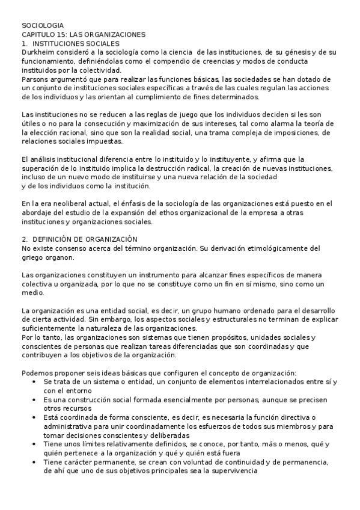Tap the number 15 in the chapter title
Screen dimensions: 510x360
61,35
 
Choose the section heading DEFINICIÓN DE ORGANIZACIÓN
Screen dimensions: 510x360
85,239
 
